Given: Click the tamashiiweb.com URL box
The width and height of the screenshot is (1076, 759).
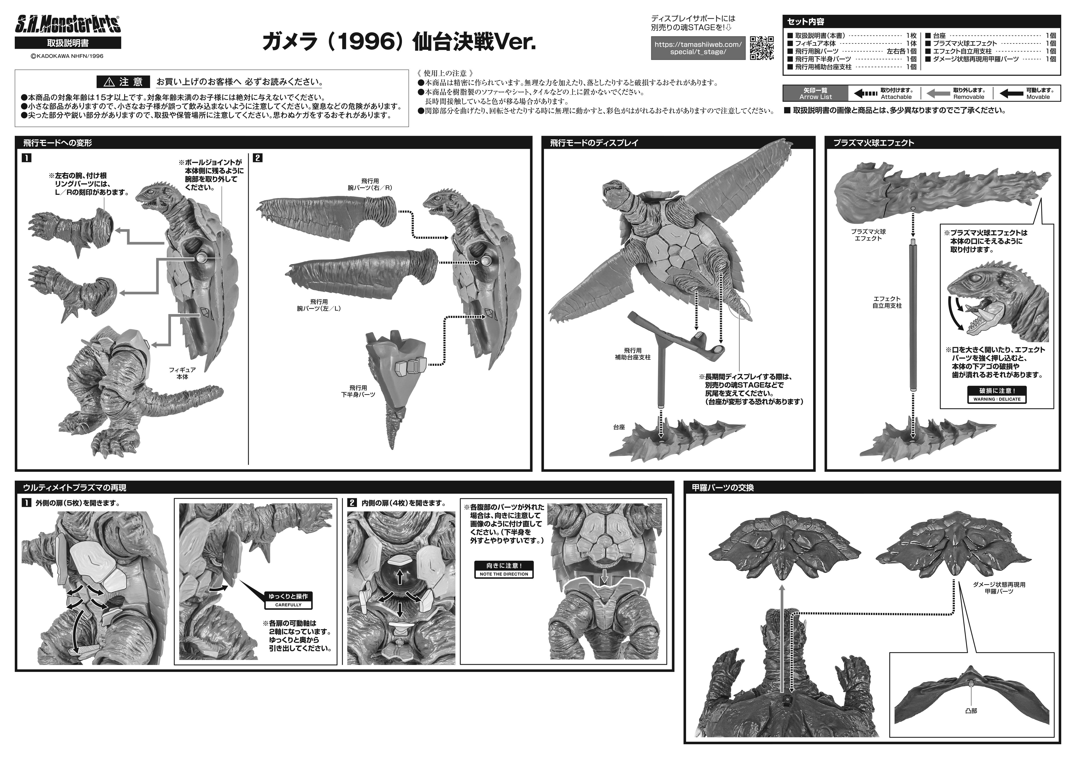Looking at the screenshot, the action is coord(698,48).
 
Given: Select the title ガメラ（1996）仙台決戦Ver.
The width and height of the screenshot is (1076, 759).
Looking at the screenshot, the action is coord(399,43).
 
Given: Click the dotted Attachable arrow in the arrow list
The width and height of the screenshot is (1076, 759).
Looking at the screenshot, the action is coord(866,94).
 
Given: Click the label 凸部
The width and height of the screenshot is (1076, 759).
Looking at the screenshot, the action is coord(971,711).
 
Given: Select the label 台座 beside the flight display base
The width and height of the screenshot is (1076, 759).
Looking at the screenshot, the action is coord(619,427).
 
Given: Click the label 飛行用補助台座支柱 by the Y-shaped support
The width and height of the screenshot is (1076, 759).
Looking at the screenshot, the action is coord(633,354).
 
